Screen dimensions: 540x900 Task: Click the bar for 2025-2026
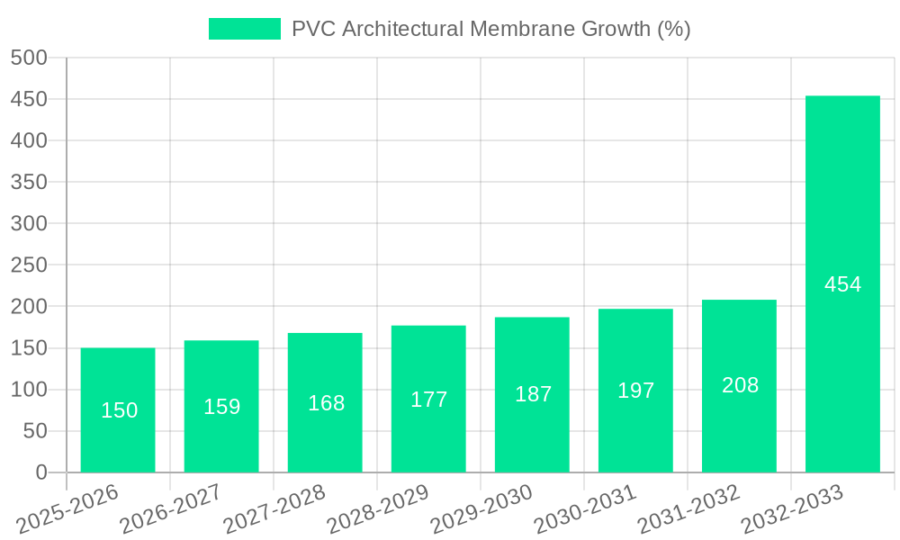click(118, 410)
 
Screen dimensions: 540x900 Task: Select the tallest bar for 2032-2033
click(842, 284)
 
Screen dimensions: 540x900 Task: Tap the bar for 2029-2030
click(532, 394)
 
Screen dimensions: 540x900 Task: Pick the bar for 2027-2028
click(325, 402)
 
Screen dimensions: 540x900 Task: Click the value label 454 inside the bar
click(842, 284)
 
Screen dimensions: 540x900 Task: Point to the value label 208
click(740, 385)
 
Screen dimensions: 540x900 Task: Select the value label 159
click(221, 407)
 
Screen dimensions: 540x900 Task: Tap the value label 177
click(428, 400)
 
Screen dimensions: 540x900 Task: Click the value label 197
click(635, 391)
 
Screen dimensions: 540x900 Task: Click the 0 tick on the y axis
click(40, 472)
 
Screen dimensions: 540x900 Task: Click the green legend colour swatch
click(245, 29)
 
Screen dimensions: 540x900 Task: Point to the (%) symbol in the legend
click(673, 29)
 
